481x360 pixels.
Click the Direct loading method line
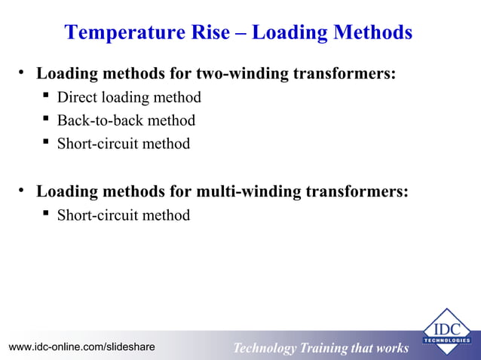coord(129,97)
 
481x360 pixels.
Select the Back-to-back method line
coord(126,121)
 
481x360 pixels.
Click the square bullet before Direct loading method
coord(46,96)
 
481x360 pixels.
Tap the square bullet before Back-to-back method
coord(46,120)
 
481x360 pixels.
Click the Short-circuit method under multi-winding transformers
coord(124,215)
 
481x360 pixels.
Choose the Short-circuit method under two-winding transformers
coord(124,144)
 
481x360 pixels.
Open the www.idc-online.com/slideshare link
coord(81,346)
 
